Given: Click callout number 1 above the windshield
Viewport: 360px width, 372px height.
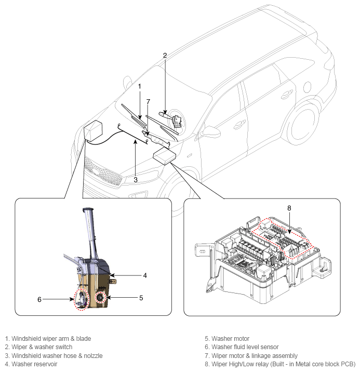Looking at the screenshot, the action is click(x=139, y=86).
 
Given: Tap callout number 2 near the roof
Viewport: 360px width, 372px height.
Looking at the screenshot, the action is click(x=165, y=55).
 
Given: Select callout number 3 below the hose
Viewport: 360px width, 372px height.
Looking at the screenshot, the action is click(x=136, y=180).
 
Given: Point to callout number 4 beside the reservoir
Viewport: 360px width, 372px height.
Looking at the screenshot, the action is click(x=145, y=275).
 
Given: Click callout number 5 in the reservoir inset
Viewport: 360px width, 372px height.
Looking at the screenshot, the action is click(x=141, y=298).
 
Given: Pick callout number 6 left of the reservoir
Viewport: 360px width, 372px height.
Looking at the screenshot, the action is click(x=39, y=299).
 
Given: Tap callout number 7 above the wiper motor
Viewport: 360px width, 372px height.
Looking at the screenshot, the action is click(x=148, y=102).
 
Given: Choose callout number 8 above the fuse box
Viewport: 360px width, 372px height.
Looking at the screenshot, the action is click(x=289, y=208).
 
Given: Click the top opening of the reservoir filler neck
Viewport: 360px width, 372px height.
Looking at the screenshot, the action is click(x=88, y=209).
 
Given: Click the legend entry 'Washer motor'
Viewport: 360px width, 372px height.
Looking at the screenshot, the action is click(x=230, y=339).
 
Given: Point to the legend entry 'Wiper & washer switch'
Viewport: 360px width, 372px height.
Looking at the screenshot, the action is click(x=42, y=347).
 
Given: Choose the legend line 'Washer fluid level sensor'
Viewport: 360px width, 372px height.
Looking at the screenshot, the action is click(x=245, y=347).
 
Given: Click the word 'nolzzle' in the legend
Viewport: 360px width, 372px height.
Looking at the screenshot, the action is click(x=93, y=355).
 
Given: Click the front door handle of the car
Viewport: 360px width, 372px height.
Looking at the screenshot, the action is click(x=239, y=124).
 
